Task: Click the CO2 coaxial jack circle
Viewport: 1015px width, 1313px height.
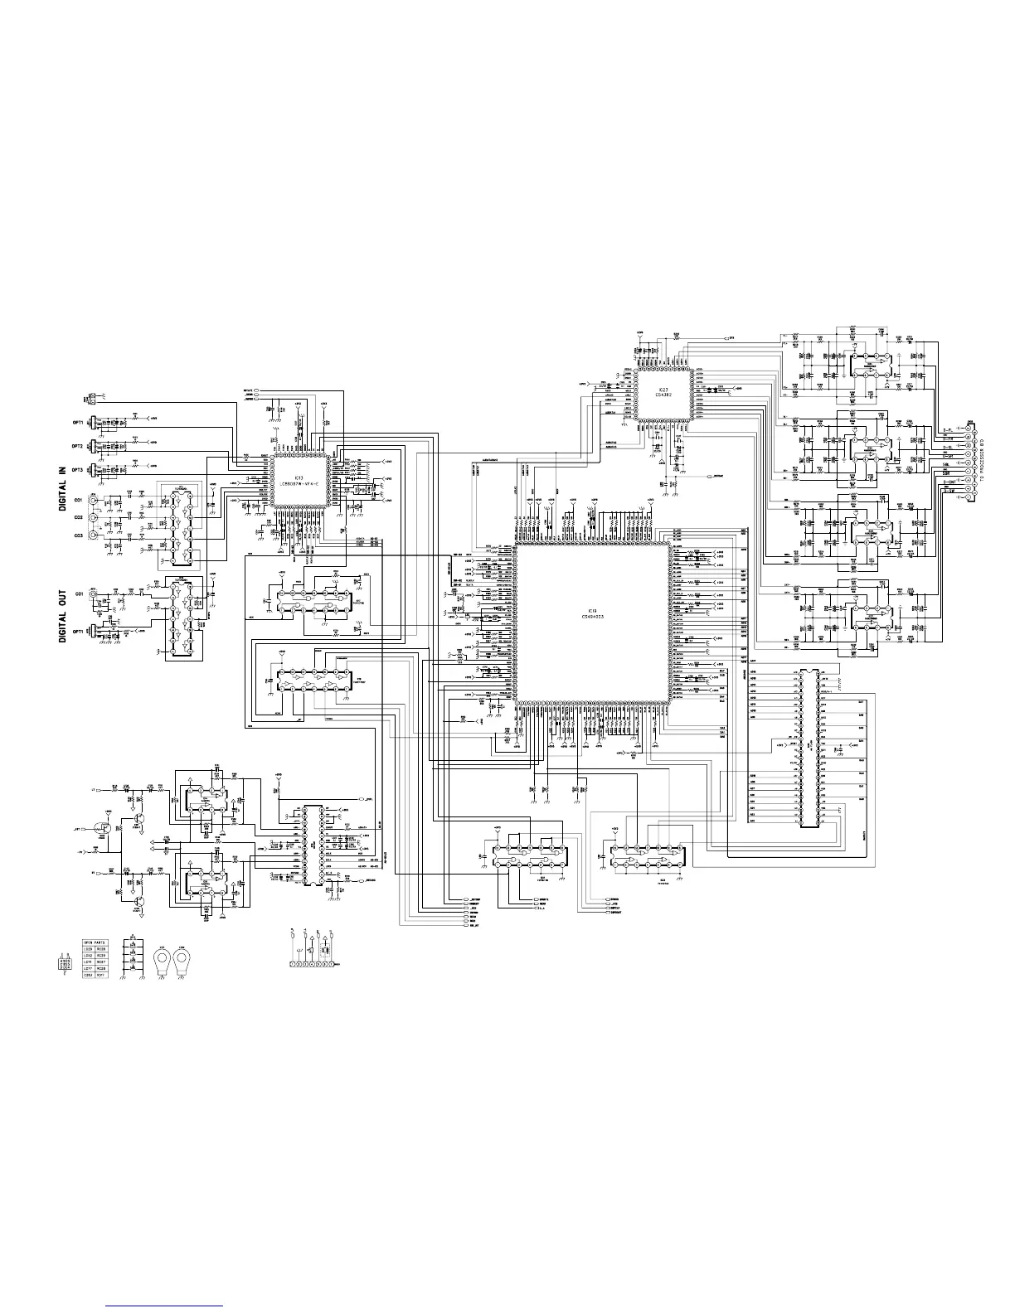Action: (x=94, y=518)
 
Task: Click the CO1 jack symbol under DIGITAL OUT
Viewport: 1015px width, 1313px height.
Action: (x=94, y=594)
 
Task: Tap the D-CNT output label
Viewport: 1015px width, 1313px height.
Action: (x=949, y=454)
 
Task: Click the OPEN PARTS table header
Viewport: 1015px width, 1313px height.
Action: (x=94, y=942)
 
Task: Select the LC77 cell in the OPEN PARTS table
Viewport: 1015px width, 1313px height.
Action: (x=87, y=967)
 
